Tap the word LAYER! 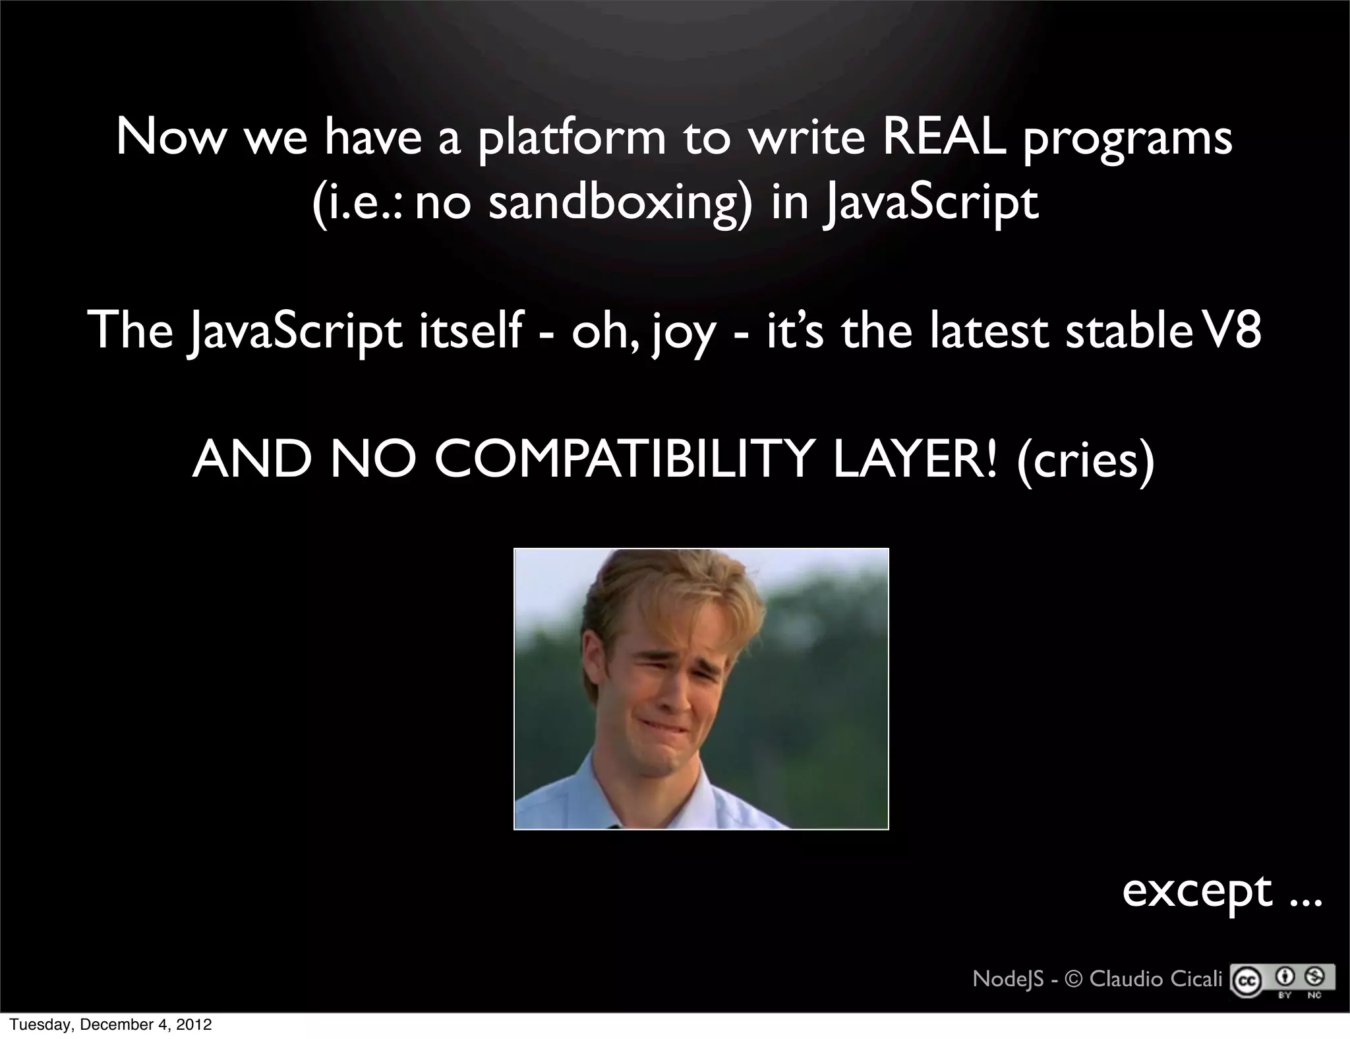point(916,459)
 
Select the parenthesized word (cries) point(1085,460)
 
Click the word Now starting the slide point(170,138)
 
